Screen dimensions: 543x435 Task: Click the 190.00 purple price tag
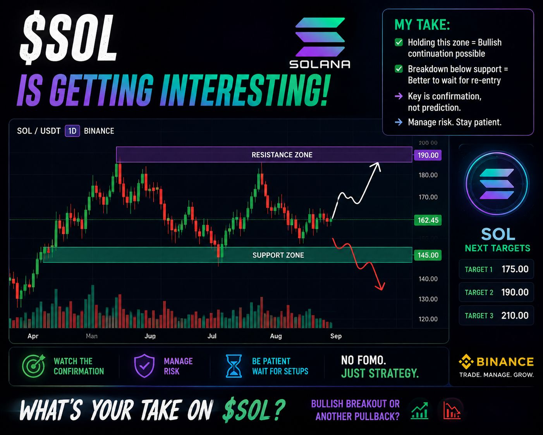tap(428, 155)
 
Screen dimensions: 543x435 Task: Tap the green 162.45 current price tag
tap(428, 220)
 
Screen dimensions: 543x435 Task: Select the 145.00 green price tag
tap(428, 255)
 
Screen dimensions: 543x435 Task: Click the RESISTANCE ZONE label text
tap(282, 155)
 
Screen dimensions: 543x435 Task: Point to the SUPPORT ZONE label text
tap(278, 255)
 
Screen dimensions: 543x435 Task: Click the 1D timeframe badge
tap(72, 131)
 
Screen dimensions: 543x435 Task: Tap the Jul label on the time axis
tap(212, 336)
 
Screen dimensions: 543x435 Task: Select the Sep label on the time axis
tap(336, 336)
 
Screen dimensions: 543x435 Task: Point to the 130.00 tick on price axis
tap(428, 299)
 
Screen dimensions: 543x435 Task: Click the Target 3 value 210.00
tap(515, 316)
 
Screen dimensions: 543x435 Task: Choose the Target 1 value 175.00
tap(515, 269)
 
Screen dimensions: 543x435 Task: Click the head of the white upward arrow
tap(377, 166)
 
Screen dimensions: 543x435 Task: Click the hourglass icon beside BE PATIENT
tap(234, 366)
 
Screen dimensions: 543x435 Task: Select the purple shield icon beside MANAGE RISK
tap(144, 366)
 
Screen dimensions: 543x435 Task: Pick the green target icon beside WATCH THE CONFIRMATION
tap(33, 366)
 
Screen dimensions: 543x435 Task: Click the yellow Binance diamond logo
tap(466, 362)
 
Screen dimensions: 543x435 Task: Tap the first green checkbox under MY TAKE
tap(399, 42)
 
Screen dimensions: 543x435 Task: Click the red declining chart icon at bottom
tap(452, 411)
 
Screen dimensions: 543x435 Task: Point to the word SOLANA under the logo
tap(320, 64)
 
